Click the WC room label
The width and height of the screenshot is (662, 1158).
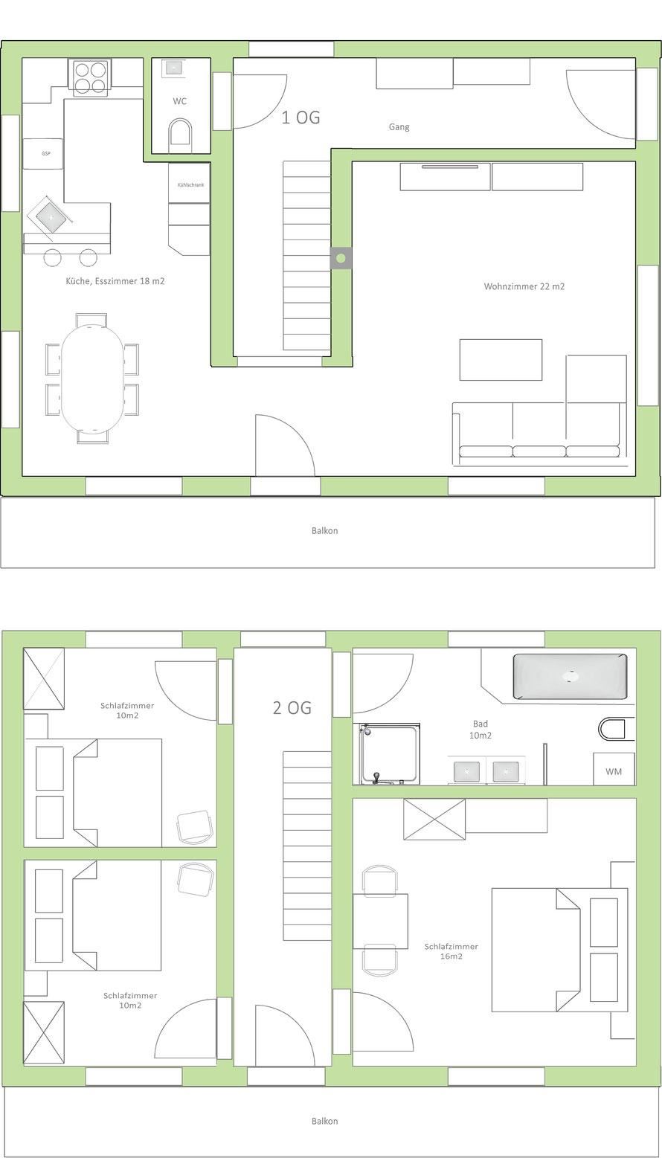pyautogui.click(x=179, y=101)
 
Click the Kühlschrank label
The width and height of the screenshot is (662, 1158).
pyautogui.click(x=190, y=184)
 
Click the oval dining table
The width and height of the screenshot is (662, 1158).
pyautogui.click(x=92, y=379)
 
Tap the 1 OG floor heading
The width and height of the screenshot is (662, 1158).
pyautogui.click(x=301, y=118)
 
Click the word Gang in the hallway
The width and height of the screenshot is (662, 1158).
pyautogui.click(x=399, y=126)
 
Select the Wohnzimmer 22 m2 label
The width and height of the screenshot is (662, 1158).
pyautogui.click(x=524, y=286)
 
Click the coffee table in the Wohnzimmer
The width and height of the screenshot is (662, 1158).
pyautogui.click(x=501, y=360)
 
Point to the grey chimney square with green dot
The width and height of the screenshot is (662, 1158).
pyautogui.click(x=341, y=258)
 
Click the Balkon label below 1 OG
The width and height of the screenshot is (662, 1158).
pyautogui.click(x=324, y=531)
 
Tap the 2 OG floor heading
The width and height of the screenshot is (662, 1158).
pyautogui.click(x=292, y=708)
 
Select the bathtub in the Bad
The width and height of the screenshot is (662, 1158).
pyautogui.click(x=570, y=676)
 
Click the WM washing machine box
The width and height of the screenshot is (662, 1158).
pyautogui.click(x=614, y=769)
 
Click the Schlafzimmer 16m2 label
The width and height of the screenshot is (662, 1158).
pyautogui.click(x=451, y=951)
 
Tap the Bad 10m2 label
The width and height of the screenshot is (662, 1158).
pyautogui.click(x=480, y=730)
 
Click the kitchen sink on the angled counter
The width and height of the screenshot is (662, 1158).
pyautogui.click(x=51, y=218)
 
